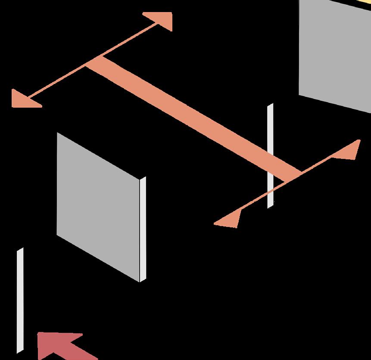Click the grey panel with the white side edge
coord(98,207)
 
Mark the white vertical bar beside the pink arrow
coord(20,300)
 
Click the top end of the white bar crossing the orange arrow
coord(270,105)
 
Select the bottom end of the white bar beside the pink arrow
coord(20,351)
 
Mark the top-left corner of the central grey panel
coord(57,133)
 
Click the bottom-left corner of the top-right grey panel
coord(300,94)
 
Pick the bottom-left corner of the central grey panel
coord(57,235)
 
